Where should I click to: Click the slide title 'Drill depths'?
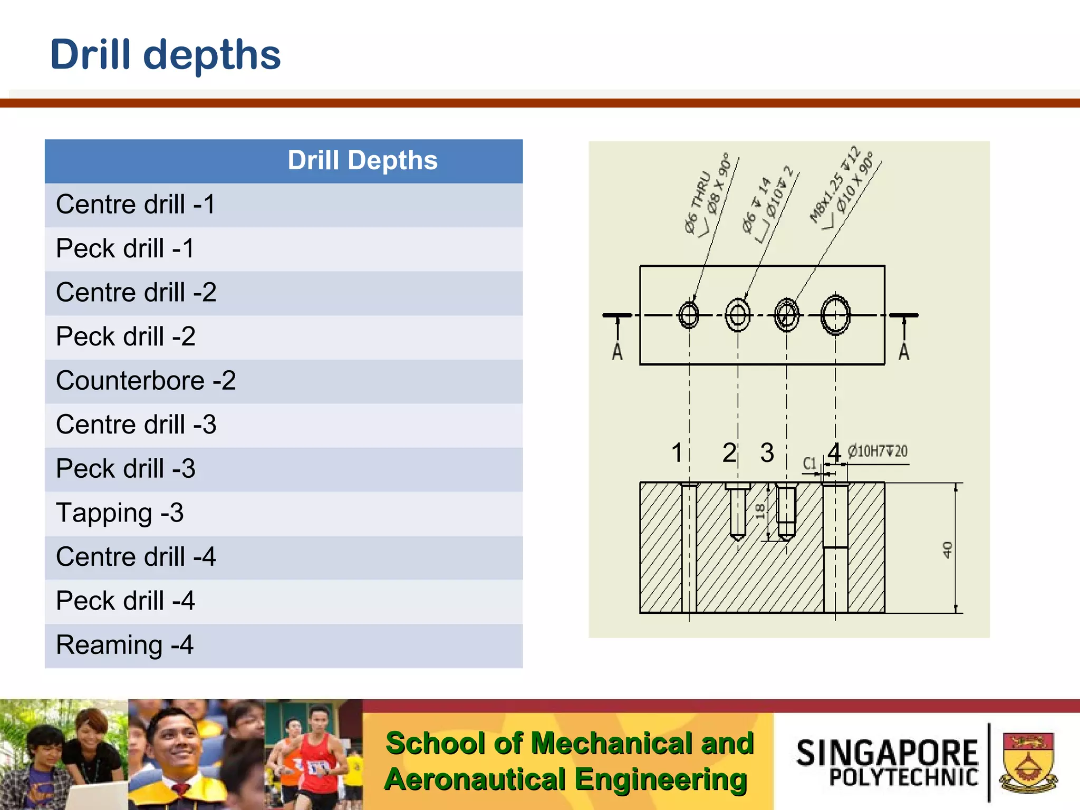click(x=165, y=55)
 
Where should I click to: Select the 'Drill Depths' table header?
click(x=362, y=161)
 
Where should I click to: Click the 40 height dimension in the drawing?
click(x=947, y=549)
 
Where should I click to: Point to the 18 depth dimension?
click(x=760, y=510)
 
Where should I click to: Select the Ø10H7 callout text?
click(x=877, y=451)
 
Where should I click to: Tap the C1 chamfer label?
click(x=809, y=464)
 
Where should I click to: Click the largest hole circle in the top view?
click(x=835, y=315)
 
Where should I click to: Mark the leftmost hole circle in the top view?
click(x=689, y=315)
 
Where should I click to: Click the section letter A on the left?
click(x=617, y=351)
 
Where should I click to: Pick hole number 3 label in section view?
click(x=767, y=452)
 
